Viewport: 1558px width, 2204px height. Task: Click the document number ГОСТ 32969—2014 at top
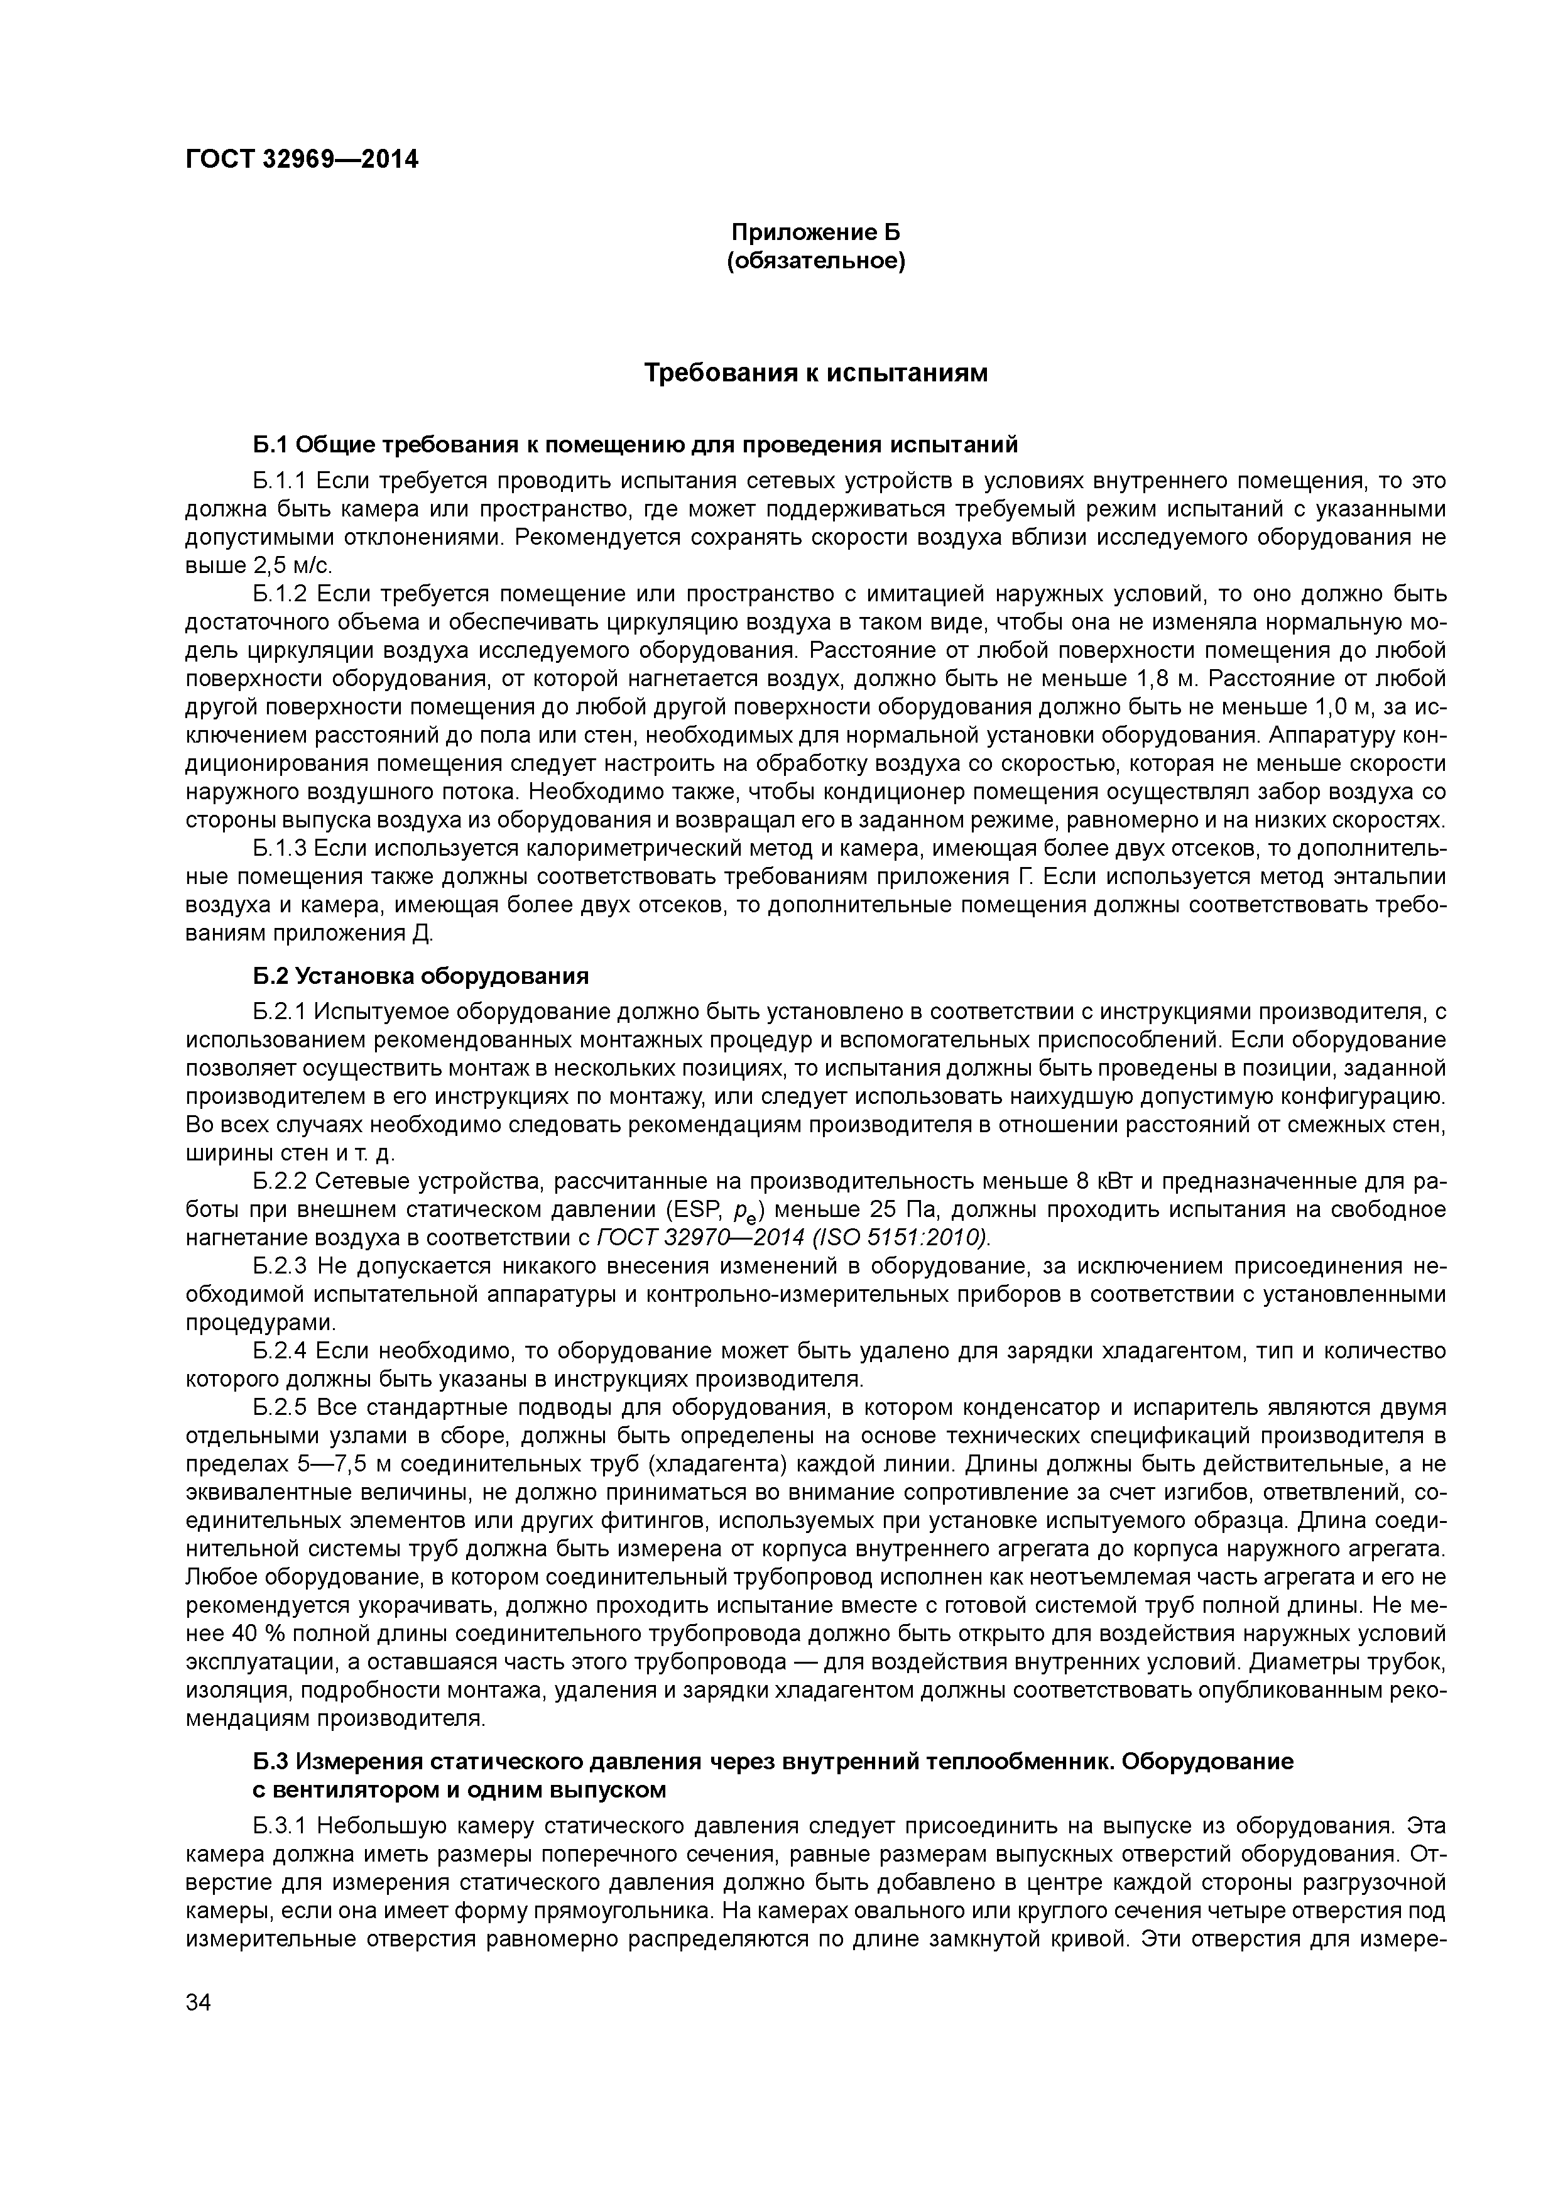302,160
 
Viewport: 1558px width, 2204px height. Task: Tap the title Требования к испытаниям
815,373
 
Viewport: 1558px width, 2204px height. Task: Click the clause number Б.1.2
280,594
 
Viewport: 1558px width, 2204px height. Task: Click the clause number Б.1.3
280,849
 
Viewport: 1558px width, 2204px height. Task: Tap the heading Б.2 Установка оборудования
420,976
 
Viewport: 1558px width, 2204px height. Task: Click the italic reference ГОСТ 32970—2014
678,1236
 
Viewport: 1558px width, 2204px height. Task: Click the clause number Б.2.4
280,1351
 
